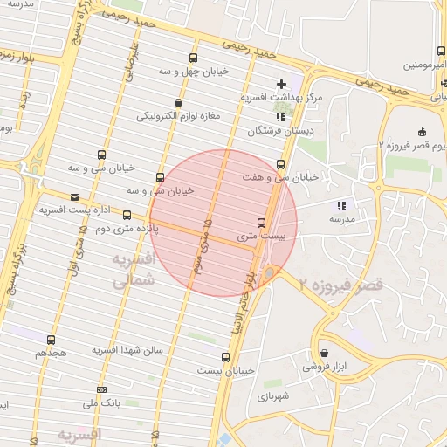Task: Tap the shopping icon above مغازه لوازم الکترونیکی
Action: click(178, 102)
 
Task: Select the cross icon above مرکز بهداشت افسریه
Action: click(281, 84)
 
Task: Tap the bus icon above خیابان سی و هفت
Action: click(280, 164)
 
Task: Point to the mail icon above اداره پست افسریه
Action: click(74, 197)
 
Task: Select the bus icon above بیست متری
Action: click(260, 223)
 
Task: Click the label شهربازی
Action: click(279, 396)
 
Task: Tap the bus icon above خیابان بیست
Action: click(225, 357)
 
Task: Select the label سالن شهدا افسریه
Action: click(128, 350)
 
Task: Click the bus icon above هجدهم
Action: click(51, 340)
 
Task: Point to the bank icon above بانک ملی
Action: click(102, 389)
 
